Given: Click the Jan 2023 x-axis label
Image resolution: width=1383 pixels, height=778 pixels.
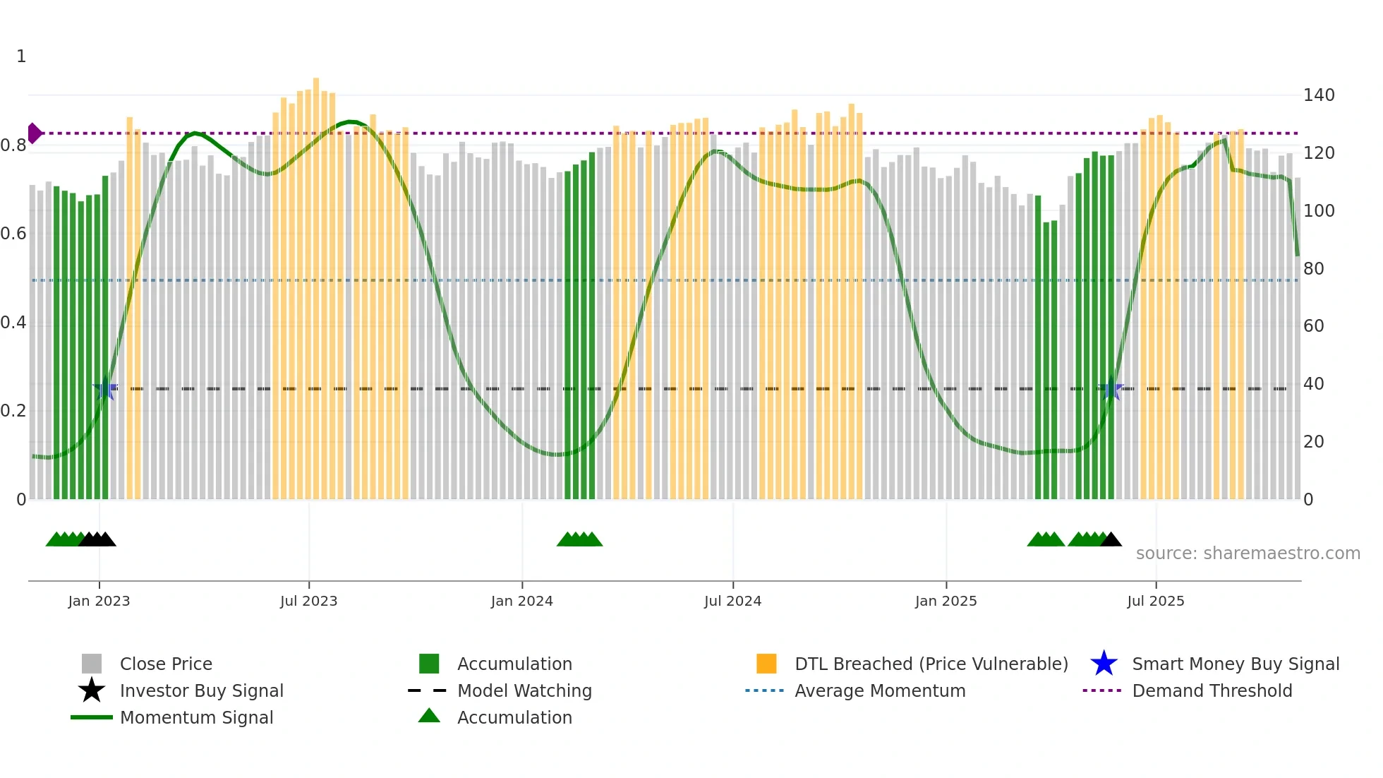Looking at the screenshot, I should (x=99, y=601).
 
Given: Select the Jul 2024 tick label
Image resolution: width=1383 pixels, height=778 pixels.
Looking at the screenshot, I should (x=732, y=601).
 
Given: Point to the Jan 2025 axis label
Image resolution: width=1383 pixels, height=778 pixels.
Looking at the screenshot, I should (x=946, y=601).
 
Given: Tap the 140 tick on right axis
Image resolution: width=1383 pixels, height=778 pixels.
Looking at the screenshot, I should (x=1318, y=95).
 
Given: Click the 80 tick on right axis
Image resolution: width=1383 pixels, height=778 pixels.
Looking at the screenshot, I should (x=1313, y=269).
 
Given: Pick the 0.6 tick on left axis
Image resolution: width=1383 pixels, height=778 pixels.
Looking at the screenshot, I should (x=13, y=234).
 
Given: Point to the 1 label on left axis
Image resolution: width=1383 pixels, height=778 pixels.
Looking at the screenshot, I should (x=21, y=56).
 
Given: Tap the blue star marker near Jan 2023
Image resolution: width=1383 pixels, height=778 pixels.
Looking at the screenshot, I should (x=105, y=388).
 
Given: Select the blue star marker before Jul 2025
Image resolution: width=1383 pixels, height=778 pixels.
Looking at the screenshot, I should (x=1111, y=388).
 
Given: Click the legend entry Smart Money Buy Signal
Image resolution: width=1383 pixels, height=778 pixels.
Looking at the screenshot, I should (x=1235, y=664).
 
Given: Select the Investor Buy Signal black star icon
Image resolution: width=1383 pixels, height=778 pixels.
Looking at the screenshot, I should (x=92, y=690).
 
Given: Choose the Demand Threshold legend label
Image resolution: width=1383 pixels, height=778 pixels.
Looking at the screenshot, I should (x=1212, y=690).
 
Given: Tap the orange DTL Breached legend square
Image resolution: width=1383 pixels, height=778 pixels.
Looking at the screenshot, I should (x=766, y=664).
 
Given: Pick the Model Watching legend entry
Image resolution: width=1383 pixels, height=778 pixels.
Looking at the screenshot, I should (x=524, y=690).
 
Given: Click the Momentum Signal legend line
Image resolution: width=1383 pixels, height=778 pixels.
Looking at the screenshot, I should (x=92, y=717).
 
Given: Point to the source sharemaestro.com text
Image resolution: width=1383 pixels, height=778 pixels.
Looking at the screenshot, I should (x=1248, y=553).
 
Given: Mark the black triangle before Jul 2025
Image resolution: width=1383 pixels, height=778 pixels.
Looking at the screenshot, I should (x=1111, y=540).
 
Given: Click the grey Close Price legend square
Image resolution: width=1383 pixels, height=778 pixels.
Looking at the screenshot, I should (x=92, y=664).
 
